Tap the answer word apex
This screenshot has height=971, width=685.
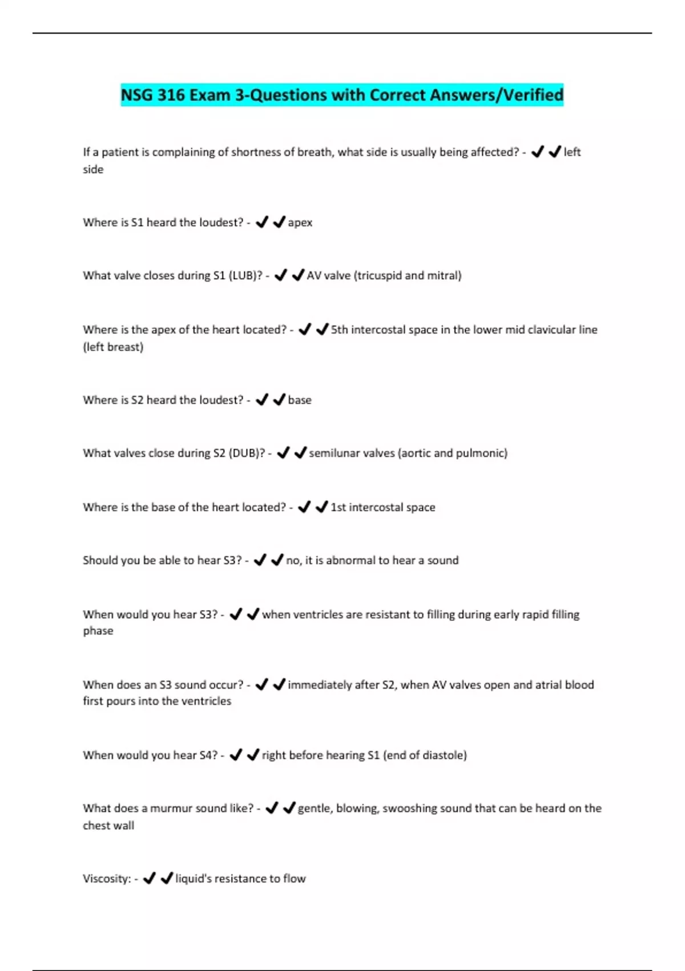(x=300, y=223)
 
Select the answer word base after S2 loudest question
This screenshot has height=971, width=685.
(x=300, y=400)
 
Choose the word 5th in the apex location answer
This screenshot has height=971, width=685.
(x=339, y=330)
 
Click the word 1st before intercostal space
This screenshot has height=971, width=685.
(x=338, y=508)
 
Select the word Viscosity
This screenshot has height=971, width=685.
(x=107, y=879)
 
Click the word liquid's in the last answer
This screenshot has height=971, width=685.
(x=193, y=879)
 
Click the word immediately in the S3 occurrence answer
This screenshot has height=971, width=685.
(x=319, y=685)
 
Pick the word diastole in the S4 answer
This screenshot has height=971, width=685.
(x=444, y=756)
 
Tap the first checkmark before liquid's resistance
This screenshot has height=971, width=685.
(x=149, y=878)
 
